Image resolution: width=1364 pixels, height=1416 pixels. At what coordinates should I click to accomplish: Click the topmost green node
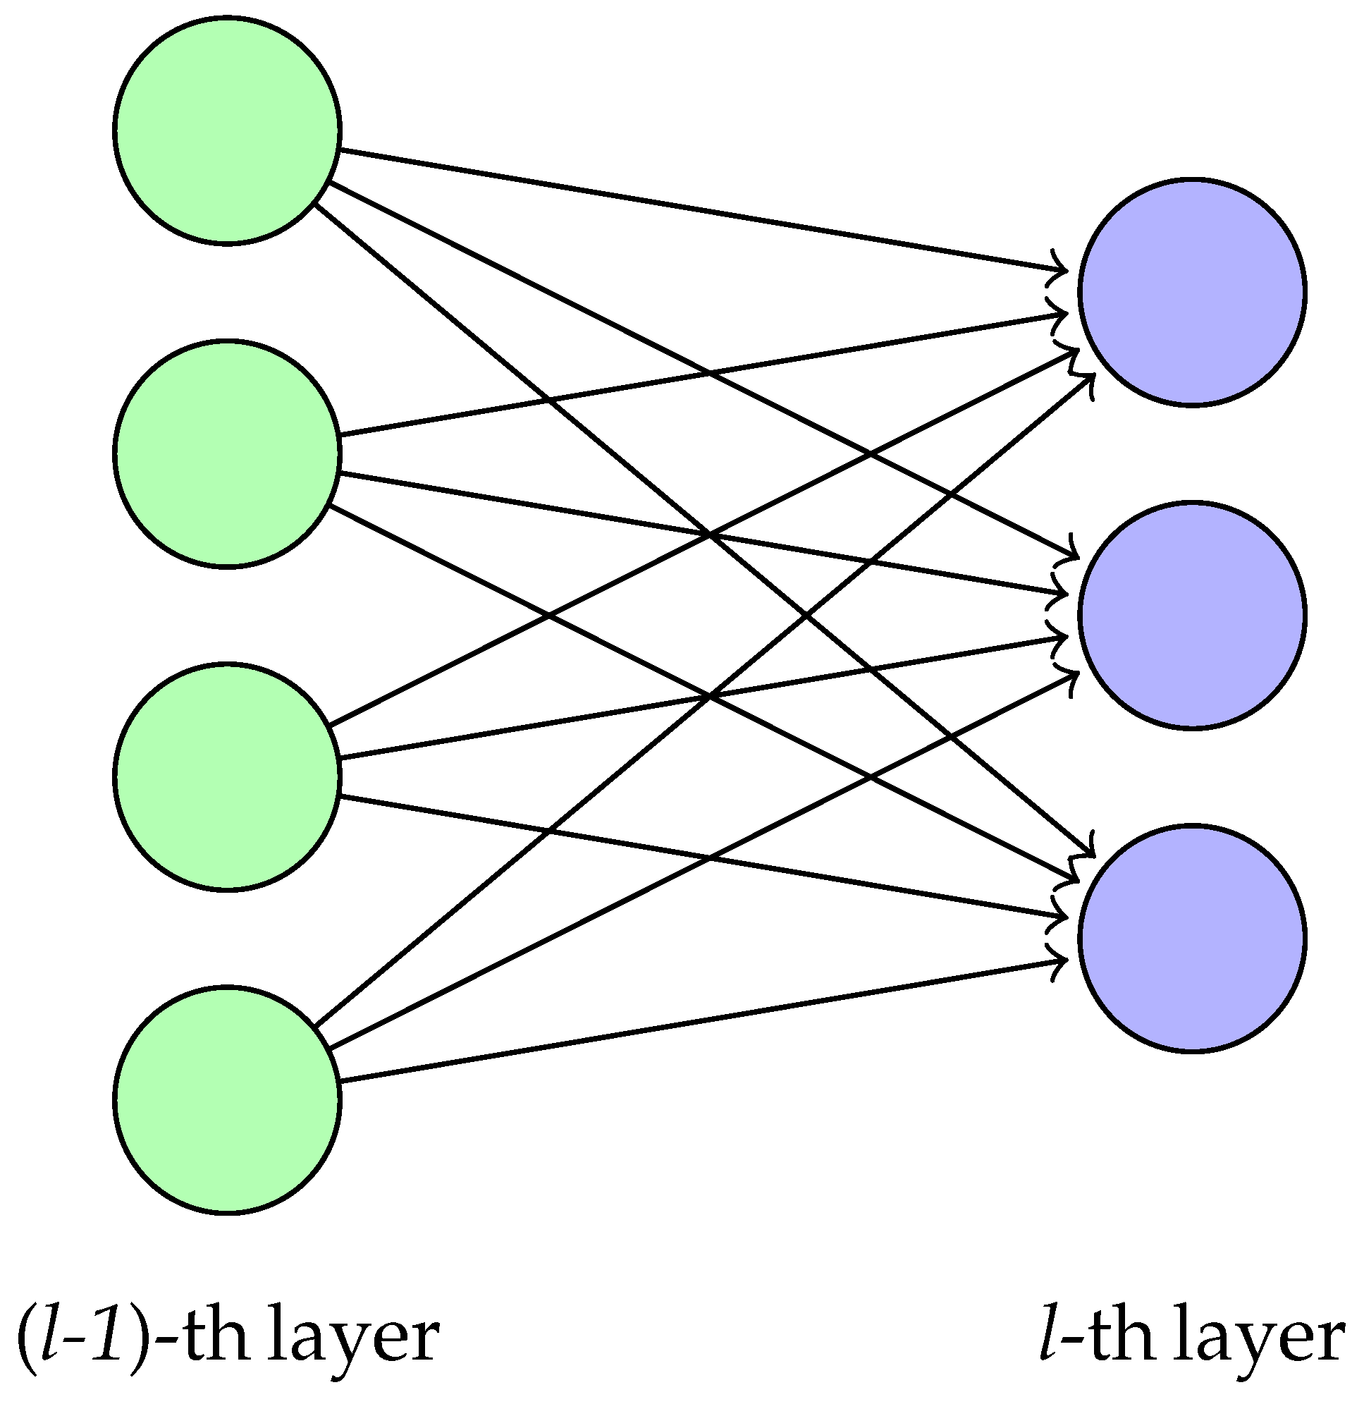pyautogui.click(x=226, y=130)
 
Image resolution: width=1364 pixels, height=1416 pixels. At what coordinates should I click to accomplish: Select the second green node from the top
pyautogui.click(x=226, y=453)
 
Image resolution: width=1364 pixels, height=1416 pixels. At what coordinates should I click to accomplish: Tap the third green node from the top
pyautogui.click(x=226, y=776)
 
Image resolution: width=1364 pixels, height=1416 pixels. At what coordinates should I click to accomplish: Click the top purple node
pyautogui.click(x=1191, y=292)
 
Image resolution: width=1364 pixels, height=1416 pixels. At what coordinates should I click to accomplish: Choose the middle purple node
pyautogui.click(x=1191, y=615)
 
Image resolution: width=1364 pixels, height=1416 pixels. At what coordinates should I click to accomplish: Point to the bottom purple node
pyautogui.click(x=1191, y=938)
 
